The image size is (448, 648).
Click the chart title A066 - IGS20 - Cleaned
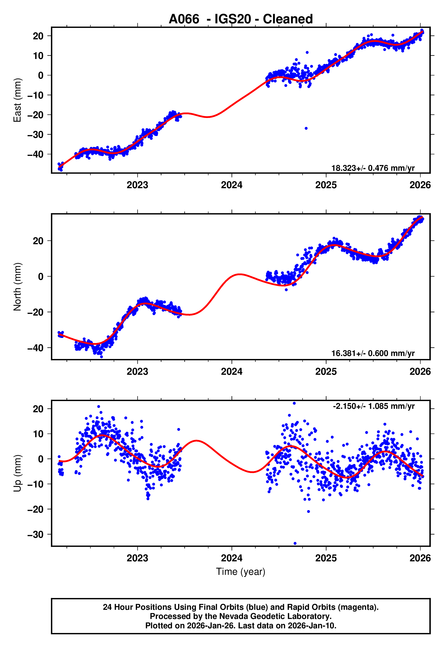coord(241,19)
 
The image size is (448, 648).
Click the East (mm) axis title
coord(17,100)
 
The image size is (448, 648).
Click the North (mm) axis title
coord(17,287)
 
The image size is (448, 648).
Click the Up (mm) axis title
coord(17,473)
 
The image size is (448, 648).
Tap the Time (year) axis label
coord(241,572)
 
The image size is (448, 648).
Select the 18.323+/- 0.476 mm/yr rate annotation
coord(373,168)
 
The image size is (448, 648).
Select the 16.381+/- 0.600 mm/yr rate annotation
coord(373,353)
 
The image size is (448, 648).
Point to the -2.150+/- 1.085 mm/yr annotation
coord(374,406)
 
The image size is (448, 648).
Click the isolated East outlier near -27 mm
coord(306,129)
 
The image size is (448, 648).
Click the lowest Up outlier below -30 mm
coord(295,544)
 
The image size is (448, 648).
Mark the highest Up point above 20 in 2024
coord(294,403)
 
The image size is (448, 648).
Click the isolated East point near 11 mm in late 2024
coord(307,53)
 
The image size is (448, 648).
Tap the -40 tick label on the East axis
coord(35,154)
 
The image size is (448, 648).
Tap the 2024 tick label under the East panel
coord(232,185)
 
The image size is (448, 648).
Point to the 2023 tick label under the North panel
coord(137,372)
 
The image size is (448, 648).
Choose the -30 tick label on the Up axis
coord(35,534)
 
